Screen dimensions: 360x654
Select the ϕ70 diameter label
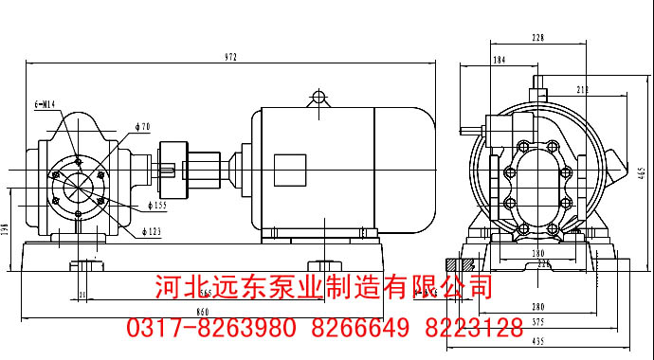point(144,125)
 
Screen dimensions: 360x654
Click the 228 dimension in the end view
point(537,38)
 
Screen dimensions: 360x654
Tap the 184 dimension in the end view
point(500,61)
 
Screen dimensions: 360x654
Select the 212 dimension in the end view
point(582,90)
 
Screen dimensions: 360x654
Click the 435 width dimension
point(537,340)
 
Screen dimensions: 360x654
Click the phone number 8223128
point(472,329)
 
